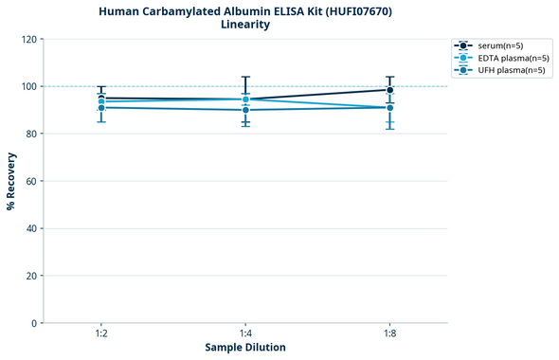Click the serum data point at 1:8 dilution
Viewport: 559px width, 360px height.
tap(389, 90)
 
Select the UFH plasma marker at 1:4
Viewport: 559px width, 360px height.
tap(245, 110)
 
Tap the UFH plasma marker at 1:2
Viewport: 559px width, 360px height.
tap(101, 108)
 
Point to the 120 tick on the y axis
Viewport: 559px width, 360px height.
tap(28, 40)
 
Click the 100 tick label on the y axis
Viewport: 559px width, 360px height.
tap(28, 87)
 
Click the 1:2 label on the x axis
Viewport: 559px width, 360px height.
tap(101, 334)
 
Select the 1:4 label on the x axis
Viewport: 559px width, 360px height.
tap(245, 334)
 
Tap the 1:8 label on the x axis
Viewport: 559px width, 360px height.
tap(389, 334)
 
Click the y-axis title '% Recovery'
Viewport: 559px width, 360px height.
tap(11, 181)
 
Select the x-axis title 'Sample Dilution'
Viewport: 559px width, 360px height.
tap(245, 348)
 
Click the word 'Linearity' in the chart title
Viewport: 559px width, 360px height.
tap(245, 25)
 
